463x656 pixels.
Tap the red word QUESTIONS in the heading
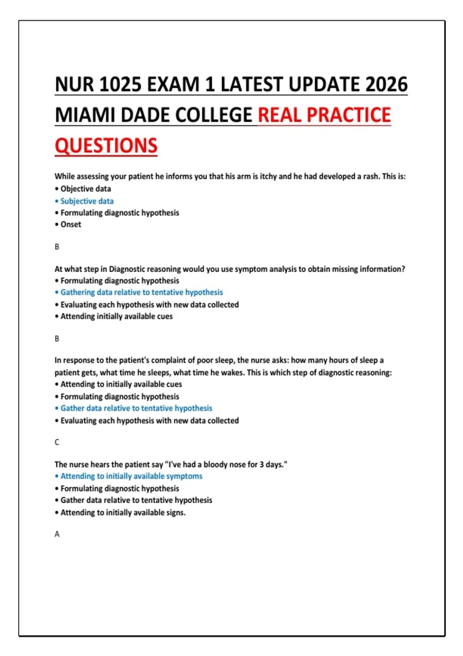[106, 146]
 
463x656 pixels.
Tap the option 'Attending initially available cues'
[116, 316]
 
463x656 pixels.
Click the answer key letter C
[57, 442]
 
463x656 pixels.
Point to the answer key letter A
[57, 534]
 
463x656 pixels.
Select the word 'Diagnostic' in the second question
[127, 269]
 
